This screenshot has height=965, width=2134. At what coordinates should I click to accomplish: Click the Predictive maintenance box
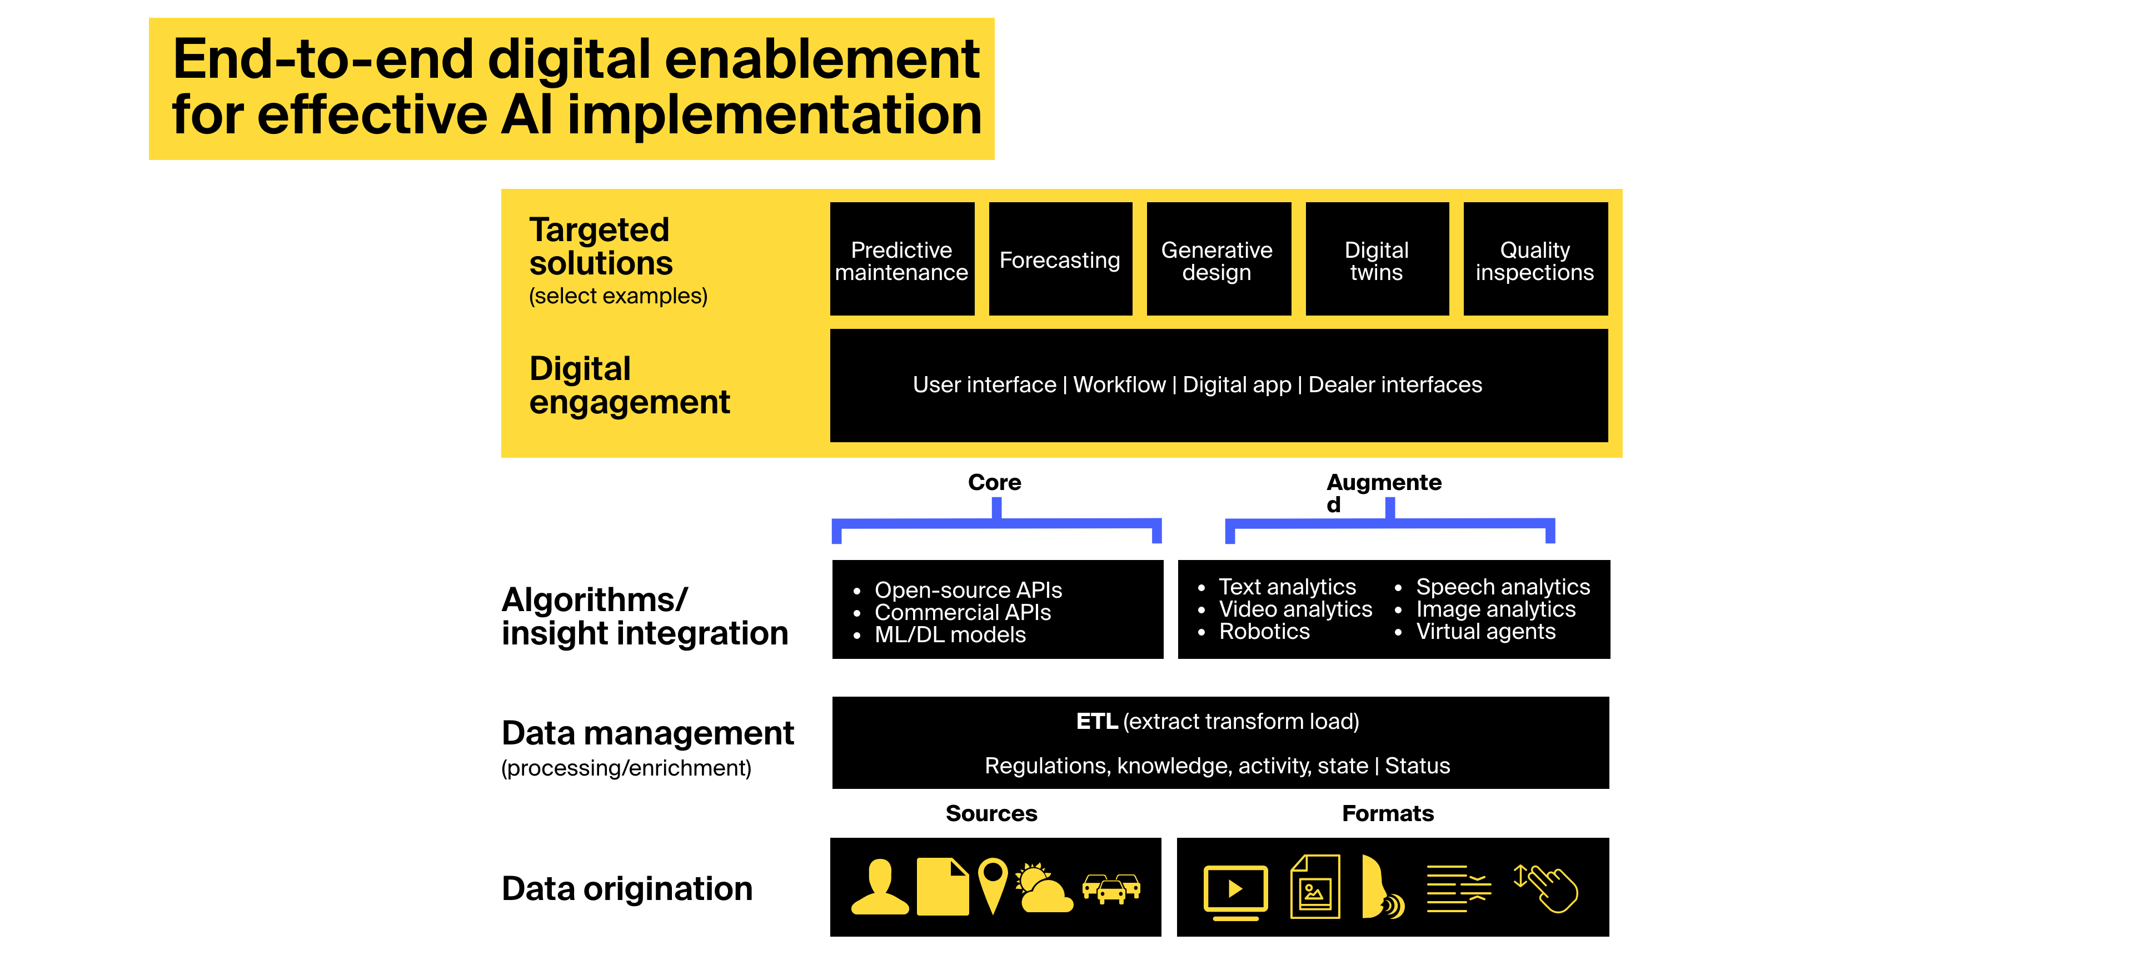[x=901, y=260]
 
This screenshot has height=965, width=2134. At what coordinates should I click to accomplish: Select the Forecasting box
[x=1060, y=260]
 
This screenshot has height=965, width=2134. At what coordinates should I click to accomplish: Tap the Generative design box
[x=1217, y=260]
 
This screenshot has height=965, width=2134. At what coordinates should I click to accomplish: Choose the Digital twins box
[x=1376, y=260]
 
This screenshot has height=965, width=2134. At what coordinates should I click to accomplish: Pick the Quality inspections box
[x=1534, y=260]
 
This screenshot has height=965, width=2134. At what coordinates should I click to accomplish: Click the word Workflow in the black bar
[x=1119, y=385]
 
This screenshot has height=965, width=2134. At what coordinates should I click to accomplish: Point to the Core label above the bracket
[x=994, y=482]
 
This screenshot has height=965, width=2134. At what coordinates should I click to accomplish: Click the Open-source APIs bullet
[x=968, y=590]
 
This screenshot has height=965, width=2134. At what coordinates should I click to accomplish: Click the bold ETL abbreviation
[x=1096, y=722]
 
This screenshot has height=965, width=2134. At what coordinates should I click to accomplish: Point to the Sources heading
[x=991, y=813]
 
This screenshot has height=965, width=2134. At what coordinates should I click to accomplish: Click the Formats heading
[x=1388, y=813]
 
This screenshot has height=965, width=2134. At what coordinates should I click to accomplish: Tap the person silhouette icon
[x=880, y=888]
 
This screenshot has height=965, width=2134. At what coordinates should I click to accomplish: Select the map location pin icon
[x=993, y=884]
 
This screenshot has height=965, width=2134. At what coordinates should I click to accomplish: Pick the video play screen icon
[x=1235, y=891]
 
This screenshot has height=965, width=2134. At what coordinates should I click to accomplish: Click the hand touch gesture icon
[x=1548, y=888]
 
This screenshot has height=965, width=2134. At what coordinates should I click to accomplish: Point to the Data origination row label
[x=626, y=889]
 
